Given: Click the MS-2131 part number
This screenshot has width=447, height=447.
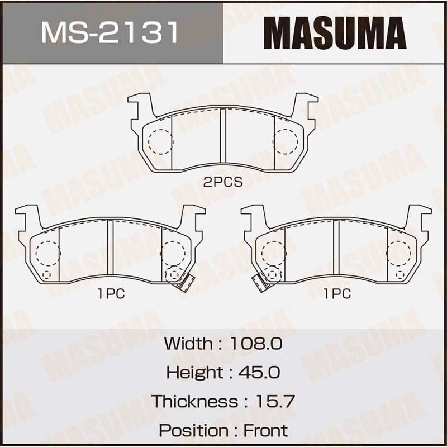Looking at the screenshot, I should [110, 32].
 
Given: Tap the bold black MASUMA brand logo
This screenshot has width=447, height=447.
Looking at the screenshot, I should [335, 33].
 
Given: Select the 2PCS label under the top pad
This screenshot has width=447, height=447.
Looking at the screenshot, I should [223, 182].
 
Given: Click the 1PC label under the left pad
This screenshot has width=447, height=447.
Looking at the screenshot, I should [111, 294].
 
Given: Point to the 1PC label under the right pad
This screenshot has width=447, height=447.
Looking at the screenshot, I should [336, 294].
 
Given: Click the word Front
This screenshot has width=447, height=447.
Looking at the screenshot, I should [265, 430].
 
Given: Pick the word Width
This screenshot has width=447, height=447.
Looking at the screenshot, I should [188, 343].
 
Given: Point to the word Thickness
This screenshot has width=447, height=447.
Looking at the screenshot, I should [194, 401].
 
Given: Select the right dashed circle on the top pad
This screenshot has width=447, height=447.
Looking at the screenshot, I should [286, 141].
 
